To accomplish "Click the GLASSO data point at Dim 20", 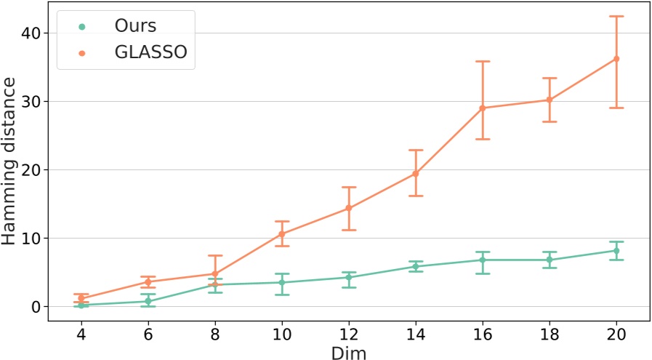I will click(616, 59).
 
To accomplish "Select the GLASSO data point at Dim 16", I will click(483, 108).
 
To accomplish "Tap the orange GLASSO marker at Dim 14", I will click(416, 174).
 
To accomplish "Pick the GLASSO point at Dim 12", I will click(349, 208).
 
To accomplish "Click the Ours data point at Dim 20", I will click(616, 251).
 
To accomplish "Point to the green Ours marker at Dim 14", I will click(416, 267).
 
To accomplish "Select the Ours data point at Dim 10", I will click(282, 282).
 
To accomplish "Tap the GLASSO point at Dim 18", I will click(550, 100).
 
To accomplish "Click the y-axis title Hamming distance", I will click(12, 163).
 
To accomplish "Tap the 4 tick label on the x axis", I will click(81, 333).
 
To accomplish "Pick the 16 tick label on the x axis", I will click(483, 333).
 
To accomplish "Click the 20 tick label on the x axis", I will click(616, 333).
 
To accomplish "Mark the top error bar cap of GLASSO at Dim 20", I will click(616, 16).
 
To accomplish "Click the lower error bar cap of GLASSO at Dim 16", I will click(483, 139).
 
